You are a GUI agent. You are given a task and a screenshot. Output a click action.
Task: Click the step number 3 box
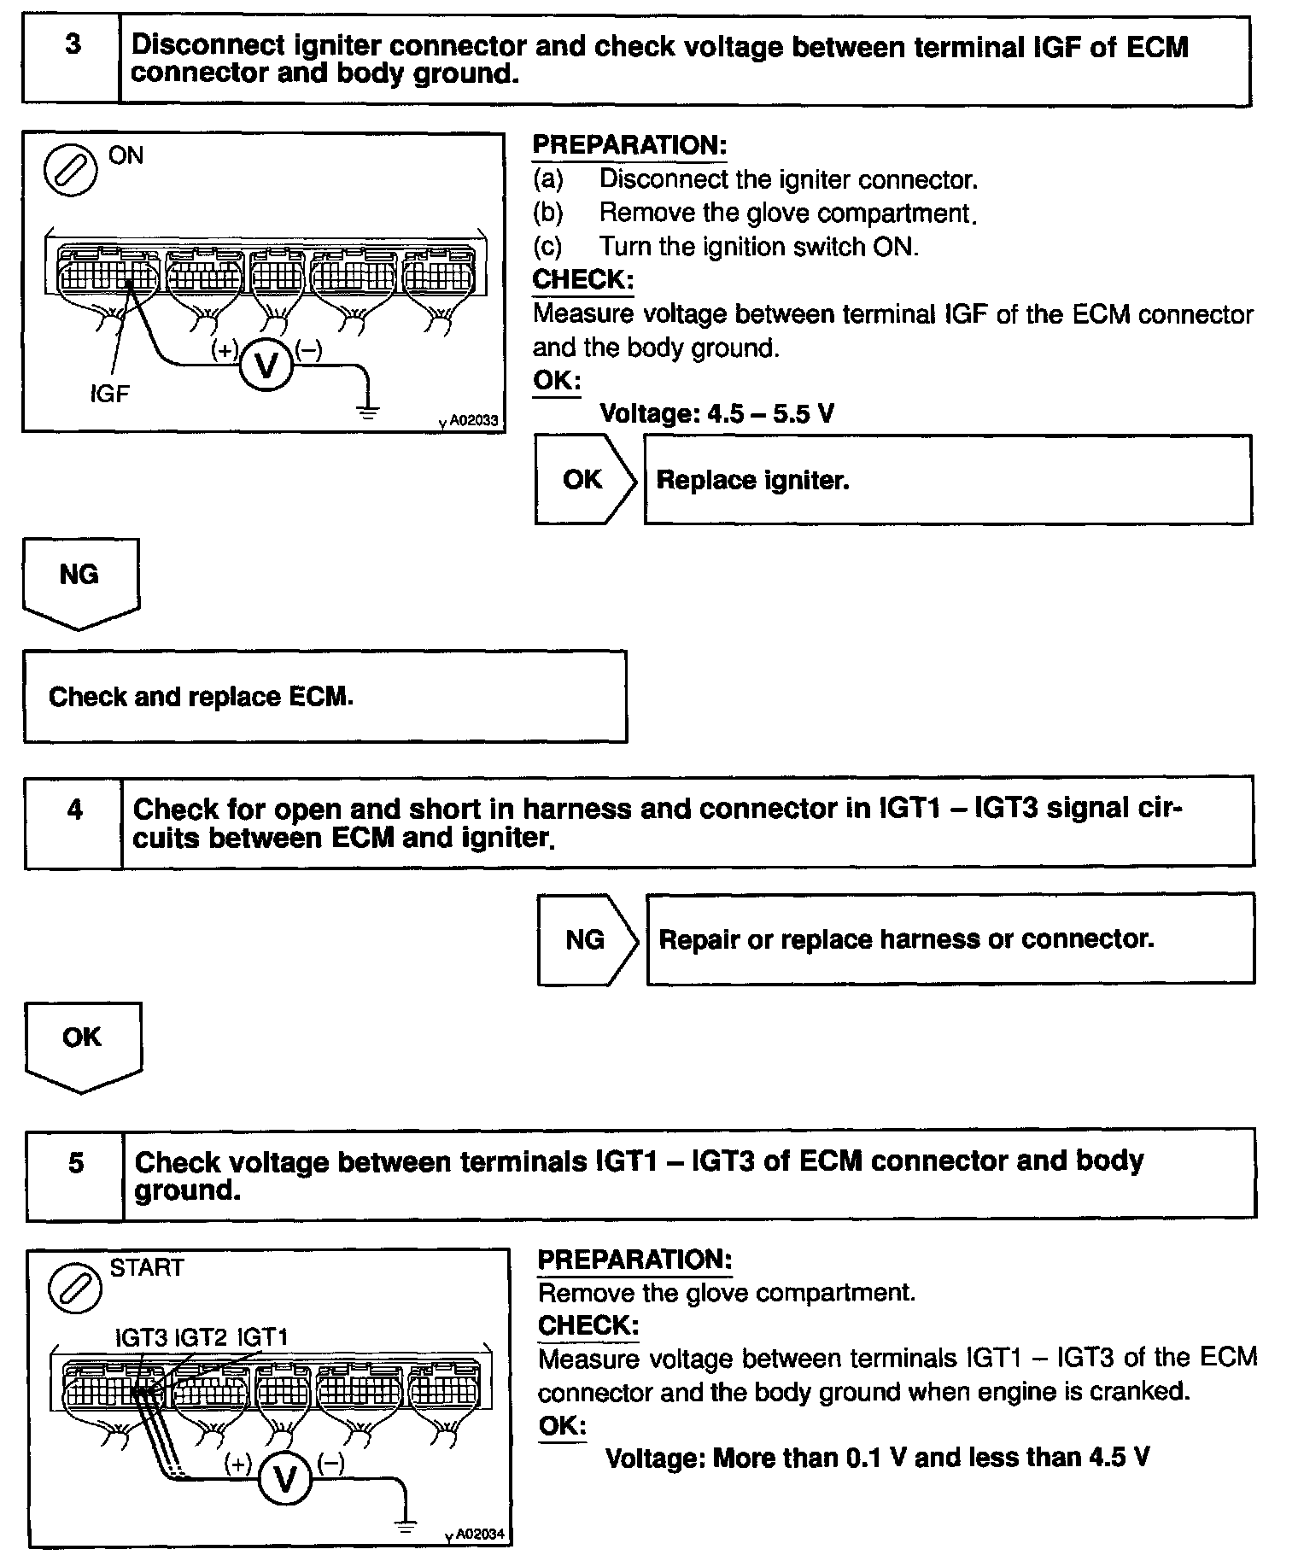[72, 61]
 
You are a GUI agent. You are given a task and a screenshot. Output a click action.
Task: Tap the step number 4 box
[74, 822]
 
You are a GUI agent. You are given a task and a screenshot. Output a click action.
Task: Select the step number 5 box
[76, 1174]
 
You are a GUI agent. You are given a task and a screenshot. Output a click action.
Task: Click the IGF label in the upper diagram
[110, 394]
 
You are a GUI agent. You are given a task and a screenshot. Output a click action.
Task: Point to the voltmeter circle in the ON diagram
[266, 366]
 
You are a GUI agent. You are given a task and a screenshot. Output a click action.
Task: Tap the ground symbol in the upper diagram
[369, 412]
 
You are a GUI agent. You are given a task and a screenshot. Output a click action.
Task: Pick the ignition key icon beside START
[75, 1288]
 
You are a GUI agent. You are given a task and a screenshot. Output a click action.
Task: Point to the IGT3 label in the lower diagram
[141, 1337]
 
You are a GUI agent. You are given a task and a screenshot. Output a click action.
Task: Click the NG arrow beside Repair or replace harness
[588, 940]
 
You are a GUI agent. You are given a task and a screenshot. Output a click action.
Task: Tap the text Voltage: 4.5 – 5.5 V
[717, 414]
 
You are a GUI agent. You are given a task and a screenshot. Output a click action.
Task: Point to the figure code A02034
[479, 1535]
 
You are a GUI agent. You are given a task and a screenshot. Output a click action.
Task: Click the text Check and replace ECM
[201, 697]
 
